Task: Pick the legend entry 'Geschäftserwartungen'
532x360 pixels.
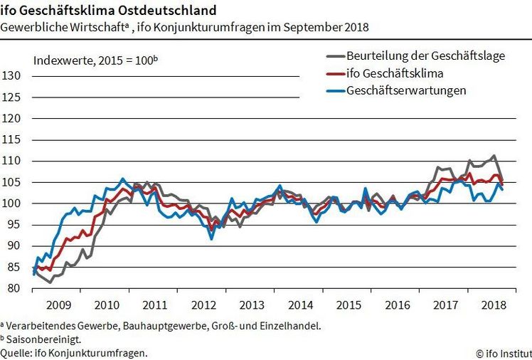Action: (x=406, y=90)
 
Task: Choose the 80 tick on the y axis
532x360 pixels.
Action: (x=14, y=288)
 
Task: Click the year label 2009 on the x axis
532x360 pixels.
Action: (x=58, y=305)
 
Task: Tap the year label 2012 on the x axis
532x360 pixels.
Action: (x=204, y=305)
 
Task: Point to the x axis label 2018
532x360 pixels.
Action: (x=493, y=305)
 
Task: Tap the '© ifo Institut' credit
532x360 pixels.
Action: (x=503, y=353)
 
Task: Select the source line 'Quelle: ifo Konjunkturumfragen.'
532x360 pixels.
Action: (x=74, y=353)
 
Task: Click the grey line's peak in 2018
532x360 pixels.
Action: (x=494, y=156)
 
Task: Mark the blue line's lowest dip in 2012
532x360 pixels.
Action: (x=211, y=238)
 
